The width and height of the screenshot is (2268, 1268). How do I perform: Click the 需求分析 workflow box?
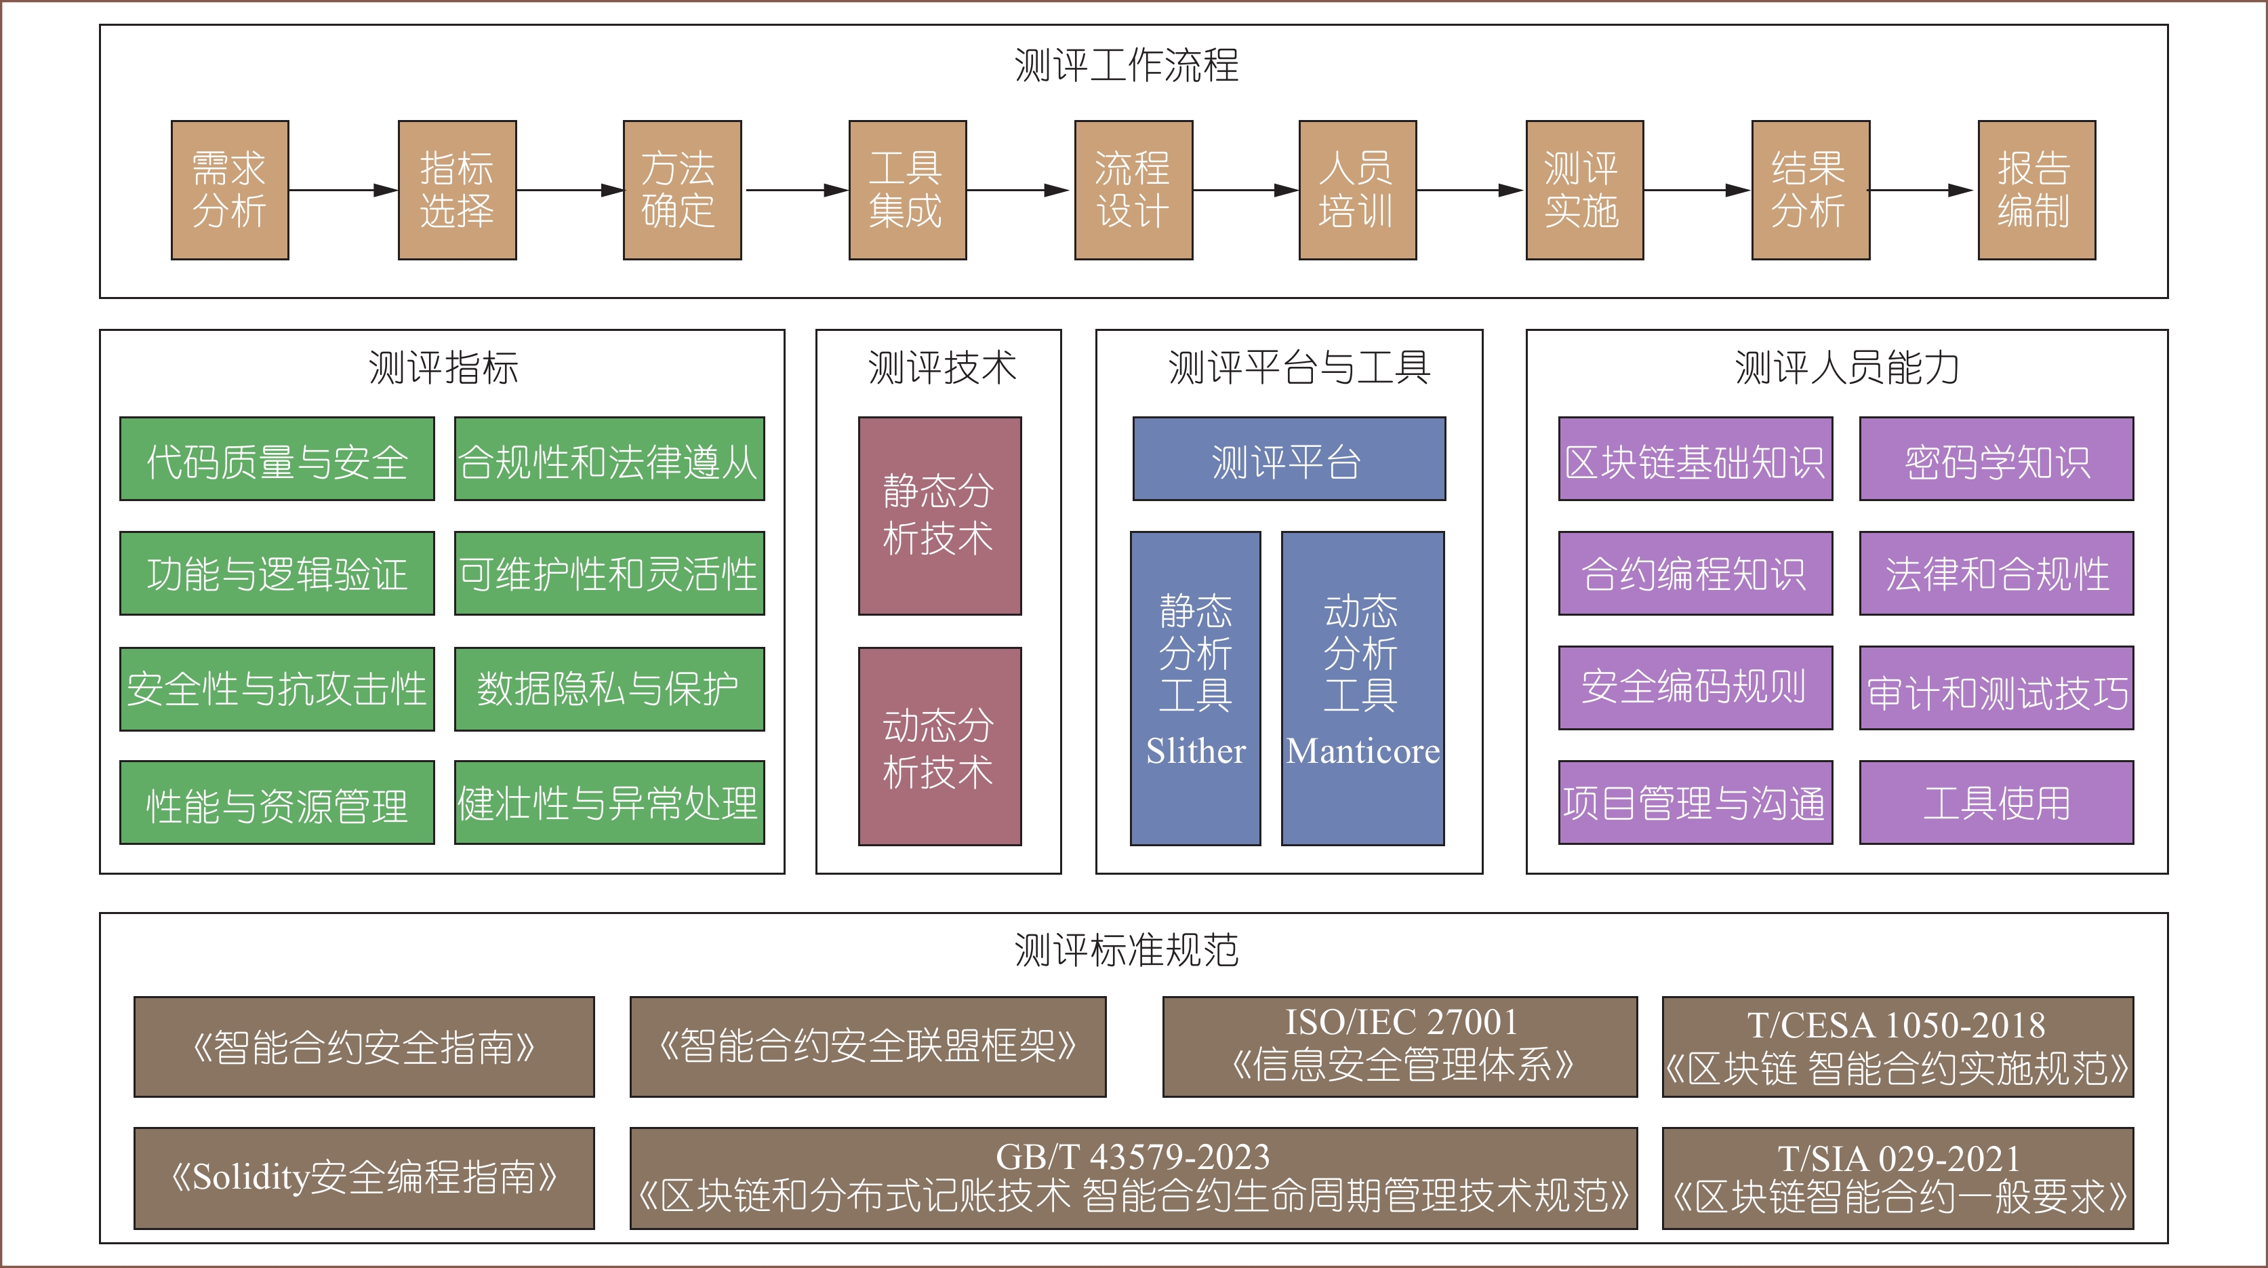[x=230, y=190]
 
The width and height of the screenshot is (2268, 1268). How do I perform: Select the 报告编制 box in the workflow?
[x=2036, y=190]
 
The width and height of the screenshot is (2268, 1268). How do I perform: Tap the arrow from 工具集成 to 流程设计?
[x=1019, y=190]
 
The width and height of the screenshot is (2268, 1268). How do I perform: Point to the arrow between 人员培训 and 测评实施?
[x=1470, y=190]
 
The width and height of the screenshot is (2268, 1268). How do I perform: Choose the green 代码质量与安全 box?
[x=277, y=460]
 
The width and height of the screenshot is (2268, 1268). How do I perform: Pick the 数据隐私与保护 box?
[x=609, y=690]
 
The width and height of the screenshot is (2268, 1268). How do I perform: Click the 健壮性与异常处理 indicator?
[x=609, y=803]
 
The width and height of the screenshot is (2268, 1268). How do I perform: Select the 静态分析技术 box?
[x=939, y=516]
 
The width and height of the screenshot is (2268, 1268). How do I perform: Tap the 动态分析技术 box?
[x=939, y=747]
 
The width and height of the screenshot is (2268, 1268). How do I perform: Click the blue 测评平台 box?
[x=1288, y=460]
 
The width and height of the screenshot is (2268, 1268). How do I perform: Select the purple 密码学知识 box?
[x=1996, y=460]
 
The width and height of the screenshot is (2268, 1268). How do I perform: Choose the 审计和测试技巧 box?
[x=1996, y=690]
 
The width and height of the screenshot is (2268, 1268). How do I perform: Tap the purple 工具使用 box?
[x=1996, y=803]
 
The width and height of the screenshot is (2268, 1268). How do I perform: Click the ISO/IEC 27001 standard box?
[x=1400, y=1046]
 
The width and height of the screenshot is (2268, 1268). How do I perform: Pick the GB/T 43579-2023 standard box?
[x=1133, y=1177]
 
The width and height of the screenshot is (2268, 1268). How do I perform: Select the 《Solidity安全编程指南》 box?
[x=363, y=1177]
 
